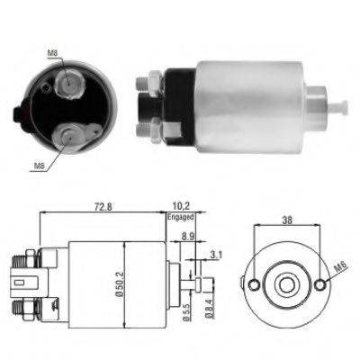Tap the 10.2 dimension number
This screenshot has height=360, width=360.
[181, 206]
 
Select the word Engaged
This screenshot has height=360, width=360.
[181, 217]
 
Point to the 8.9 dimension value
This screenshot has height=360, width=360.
[188, 236]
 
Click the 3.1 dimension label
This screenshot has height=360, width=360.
[216, 255]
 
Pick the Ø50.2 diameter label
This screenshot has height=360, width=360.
[120, 284]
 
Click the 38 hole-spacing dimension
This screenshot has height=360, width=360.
[287, 220]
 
